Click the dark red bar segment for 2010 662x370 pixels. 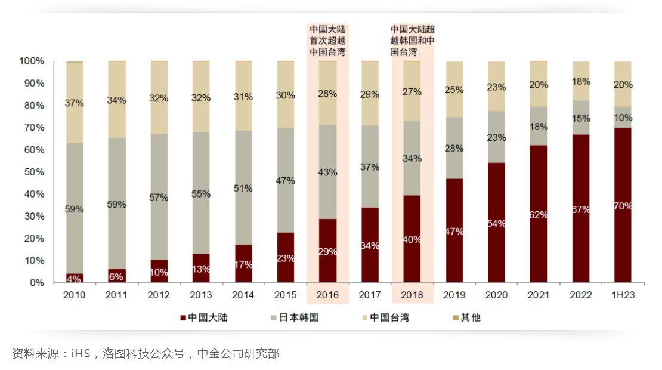click(75, 278)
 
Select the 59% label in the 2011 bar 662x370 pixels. click(116, 204)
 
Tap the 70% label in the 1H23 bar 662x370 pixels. click(623, 206)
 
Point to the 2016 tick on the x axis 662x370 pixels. click(327, 295)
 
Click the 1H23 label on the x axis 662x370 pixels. click(623, 295)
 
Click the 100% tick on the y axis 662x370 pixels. click(32, 61)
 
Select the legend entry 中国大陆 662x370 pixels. click(202, 317)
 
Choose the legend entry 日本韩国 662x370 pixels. click(294, 317)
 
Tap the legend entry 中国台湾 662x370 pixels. click(385, 317)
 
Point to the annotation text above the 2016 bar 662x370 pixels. click(327, 41)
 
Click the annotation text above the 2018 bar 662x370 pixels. click(412, 41)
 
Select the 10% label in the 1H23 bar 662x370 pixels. click(623, 117)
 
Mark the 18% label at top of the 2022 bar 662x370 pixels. click(581, 81)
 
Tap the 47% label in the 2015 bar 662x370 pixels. click(286, 180)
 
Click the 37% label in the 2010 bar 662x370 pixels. click(75, 103)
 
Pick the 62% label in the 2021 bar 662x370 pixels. click(539, 215)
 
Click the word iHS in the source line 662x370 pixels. click(81, 353)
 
